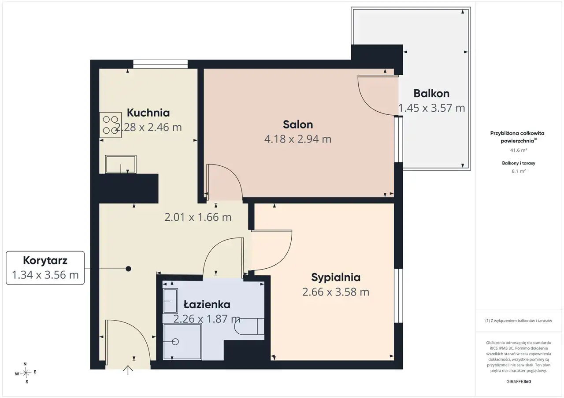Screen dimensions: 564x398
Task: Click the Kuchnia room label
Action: click(148, 113)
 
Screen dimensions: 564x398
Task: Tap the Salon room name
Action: click(298, 124)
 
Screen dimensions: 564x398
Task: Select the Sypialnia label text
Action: click(336, 278)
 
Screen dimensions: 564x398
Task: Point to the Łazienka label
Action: click(207, 304)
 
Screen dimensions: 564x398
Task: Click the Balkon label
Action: click(431, 94)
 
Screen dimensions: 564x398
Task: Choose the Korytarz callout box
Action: click(45, 268)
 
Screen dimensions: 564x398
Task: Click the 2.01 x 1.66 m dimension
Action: click(198, 217)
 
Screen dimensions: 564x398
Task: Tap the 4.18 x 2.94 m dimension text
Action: click(297, 139)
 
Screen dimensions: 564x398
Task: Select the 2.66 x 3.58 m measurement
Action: click(336, 292)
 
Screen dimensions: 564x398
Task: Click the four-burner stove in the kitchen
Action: click(110, 125)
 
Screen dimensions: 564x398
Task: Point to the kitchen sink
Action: click(121, 164)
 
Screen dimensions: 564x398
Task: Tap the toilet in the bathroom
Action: click(249, 326)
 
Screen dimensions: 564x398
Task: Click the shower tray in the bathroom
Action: click(182, 342)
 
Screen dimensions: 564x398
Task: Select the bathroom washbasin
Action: click(170, 300)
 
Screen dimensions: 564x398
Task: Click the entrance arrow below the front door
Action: click(128, 370)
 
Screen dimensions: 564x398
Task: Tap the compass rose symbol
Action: click(26, 372)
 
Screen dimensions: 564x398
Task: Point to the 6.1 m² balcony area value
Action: click(519, 171)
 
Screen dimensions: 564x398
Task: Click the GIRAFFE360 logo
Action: click(519, 381)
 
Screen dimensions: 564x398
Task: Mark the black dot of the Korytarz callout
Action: click(128, 269)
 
